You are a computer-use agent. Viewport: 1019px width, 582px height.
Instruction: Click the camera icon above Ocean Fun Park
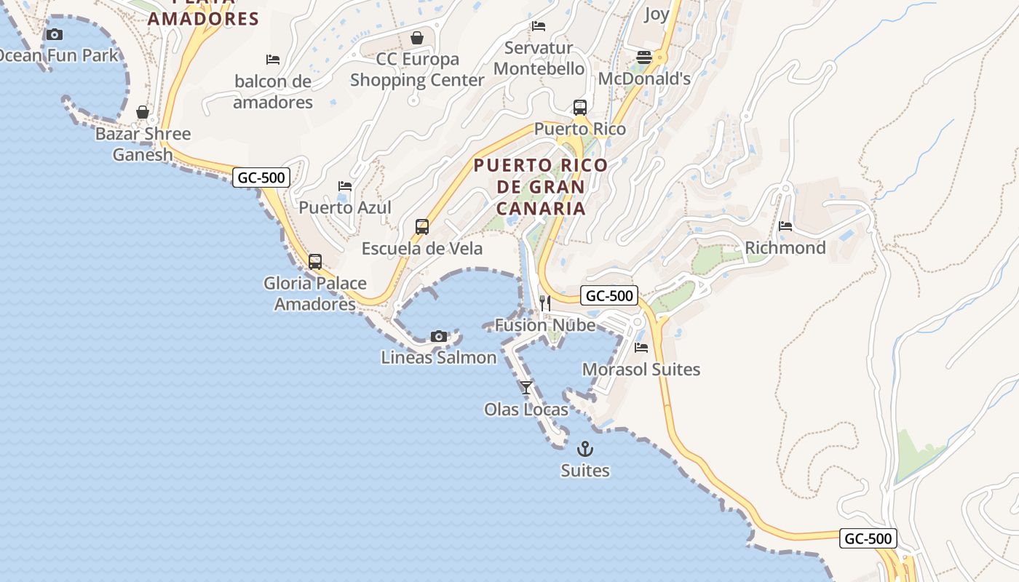click(54, 34)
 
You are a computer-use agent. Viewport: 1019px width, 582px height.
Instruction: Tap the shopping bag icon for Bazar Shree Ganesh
click(143, 112)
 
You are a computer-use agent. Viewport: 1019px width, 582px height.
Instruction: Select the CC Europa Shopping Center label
click(417, 69)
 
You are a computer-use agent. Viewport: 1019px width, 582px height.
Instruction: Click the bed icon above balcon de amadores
click(273, 60)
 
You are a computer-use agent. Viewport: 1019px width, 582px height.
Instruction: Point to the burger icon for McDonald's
click(644, 57)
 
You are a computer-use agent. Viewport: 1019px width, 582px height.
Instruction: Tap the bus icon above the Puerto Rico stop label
click(580, 108)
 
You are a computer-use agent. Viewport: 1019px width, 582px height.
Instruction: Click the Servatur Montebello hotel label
click(539, 58)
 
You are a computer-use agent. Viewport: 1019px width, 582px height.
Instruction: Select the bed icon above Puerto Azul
click(345, 186)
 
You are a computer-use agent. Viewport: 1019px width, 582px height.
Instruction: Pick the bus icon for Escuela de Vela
click(422, 226)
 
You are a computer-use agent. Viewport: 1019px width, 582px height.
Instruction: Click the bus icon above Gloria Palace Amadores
click(315, 262)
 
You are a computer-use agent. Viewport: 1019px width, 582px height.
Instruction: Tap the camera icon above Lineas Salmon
click(438, 336)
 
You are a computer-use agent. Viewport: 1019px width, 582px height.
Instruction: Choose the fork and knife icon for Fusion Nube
click(545, 303)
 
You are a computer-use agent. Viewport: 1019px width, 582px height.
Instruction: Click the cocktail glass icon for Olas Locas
click(526, 388)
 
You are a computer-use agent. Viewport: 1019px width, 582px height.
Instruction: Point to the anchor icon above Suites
click(585, 449)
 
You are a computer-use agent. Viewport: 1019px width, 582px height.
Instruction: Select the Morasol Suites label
click(641, 370)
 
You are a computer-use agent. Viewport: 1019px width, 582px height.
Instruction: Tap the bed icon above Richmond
click(785, 226)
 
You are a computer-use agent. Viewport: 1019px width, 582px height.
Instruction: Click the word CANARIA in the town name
click(541, 209)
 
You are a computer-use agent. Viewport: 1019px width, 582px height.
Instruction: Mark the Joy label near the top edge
click(657, 14)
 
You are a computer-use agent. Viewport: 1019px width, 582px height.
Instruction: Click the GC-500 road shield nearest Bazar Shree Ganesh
click(261, 178)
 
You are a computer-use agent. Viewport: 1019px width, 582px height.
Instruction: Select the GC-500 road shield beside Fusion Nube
click(609, 296)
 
